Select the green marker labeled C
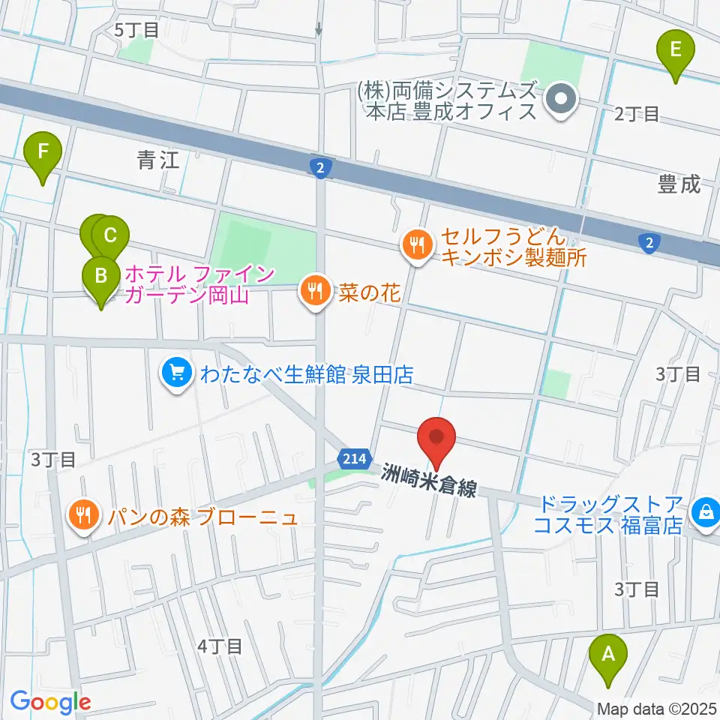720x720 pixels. [110, 236]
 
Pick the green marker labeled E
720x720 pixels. [675, 50]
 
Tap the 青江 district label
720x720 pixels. [158, 159]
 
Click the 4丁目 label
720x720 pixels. [220, 645]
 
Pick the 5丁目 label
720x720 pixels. [137, 30]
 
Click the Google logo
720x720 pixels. [50, 702]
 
